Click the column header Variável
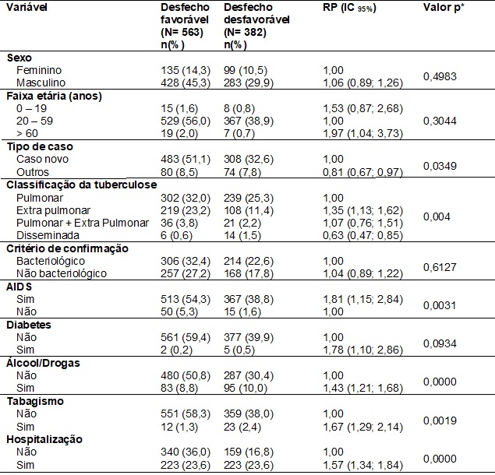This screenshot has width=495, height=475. [x=27, y=7]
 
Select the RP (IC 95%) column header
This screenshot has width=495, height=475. [x=349, y=8]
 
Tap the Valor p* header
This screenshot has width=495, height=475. [x=444, y=8]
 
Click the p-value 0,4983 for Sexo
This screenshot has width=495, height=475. [x=440, y=76]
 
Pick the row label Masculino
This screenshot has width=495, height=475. [x=41, y=83]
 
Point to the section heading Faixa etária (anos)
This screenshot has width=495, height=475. [x=54, y=96]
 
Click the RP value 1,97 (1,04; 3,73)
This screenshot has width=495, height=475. [x=362, y=133]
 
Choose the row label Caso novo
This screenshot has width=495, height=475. [x=42, y=159]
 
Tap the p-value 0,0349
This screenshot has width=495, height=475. [x=440, y=166]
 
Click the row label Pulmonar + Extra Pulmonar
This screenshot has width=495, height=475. [x=83, y=223]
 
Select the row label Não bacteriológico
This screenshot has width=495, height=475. [x=62, y=273]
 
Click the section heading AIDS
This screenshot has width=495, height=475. [x=19, y=287]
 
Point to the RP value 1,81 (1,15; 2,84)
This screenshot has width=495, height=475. [x=362, y=299]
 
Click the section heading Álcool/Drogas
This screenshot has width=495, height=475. [x=43, y=363]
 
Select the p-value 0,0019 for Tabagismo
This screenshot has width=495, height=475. [x=440, y=420]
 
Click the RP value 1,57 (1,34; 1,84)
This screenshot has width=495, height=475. [x=362, y=465]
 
